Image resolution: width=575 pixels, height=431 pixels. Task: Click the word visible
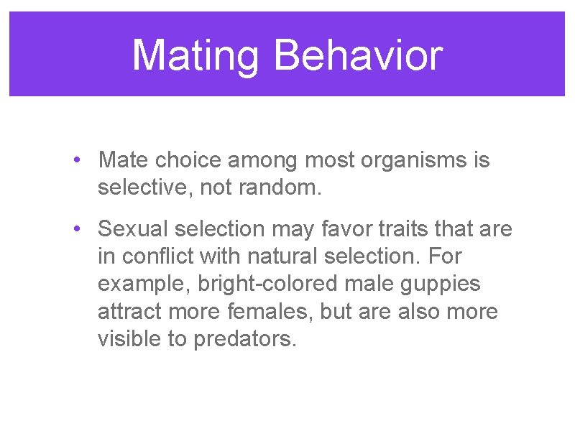pyautogui.click(x=129, y=338)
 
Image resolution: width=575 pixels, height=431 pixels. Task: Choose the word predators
pyautogui.click(x=244, y=338)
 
